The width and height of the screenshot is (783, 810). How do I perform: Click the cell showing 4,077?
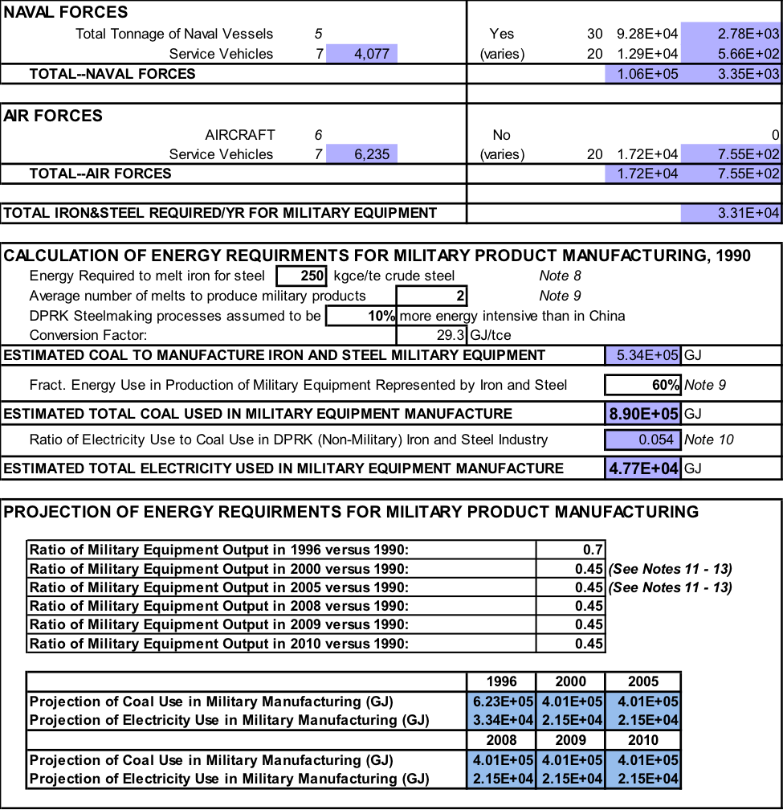361,54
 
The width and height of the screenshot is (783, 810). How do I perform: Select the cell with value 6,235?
361,154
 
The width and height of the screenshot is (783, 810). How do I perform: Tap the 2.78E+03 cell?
731,34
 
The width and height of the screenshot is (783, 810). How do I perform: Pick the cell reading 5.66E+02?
731,54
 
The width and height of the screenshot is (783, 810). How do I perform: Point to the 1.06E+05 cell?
642,75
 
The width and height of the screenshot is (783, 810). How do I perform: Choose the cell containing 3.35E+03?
731,75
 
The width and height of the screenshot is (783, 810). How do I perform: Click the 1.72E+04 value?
642,174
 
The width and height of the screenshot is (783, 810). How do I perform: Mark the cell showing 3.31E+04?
731,214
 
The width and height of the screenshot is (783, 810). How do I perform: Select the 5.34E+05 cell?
643,355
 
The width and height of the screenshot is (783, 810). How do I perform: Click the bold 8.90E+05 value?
643,414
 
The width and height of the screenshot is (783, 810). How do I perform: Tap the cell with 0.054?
643,440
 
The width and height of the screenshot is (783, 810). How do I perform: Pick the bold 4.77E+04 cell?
643,468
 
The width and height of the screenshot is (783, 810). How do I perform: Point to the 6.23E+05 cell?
501,701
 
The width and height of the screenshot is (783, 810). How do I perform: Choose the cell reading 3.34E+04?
501,720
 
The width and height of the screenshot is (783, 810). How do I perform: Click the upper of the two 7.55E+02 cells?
731,154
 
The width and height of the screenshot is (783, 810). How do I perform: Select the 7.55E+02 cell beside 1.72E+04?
731,174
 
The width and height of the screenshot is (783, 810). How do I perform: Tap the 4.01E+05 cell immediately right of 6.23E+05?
571,701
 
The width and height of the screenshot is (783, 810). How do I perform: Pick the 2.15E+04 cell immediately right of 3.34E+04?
571,720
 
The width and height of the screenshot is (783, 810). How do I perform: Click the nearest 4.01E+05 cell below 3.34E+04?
501,759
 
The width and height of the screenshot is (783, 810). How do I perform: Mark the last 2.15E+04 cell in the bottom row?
643,779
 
